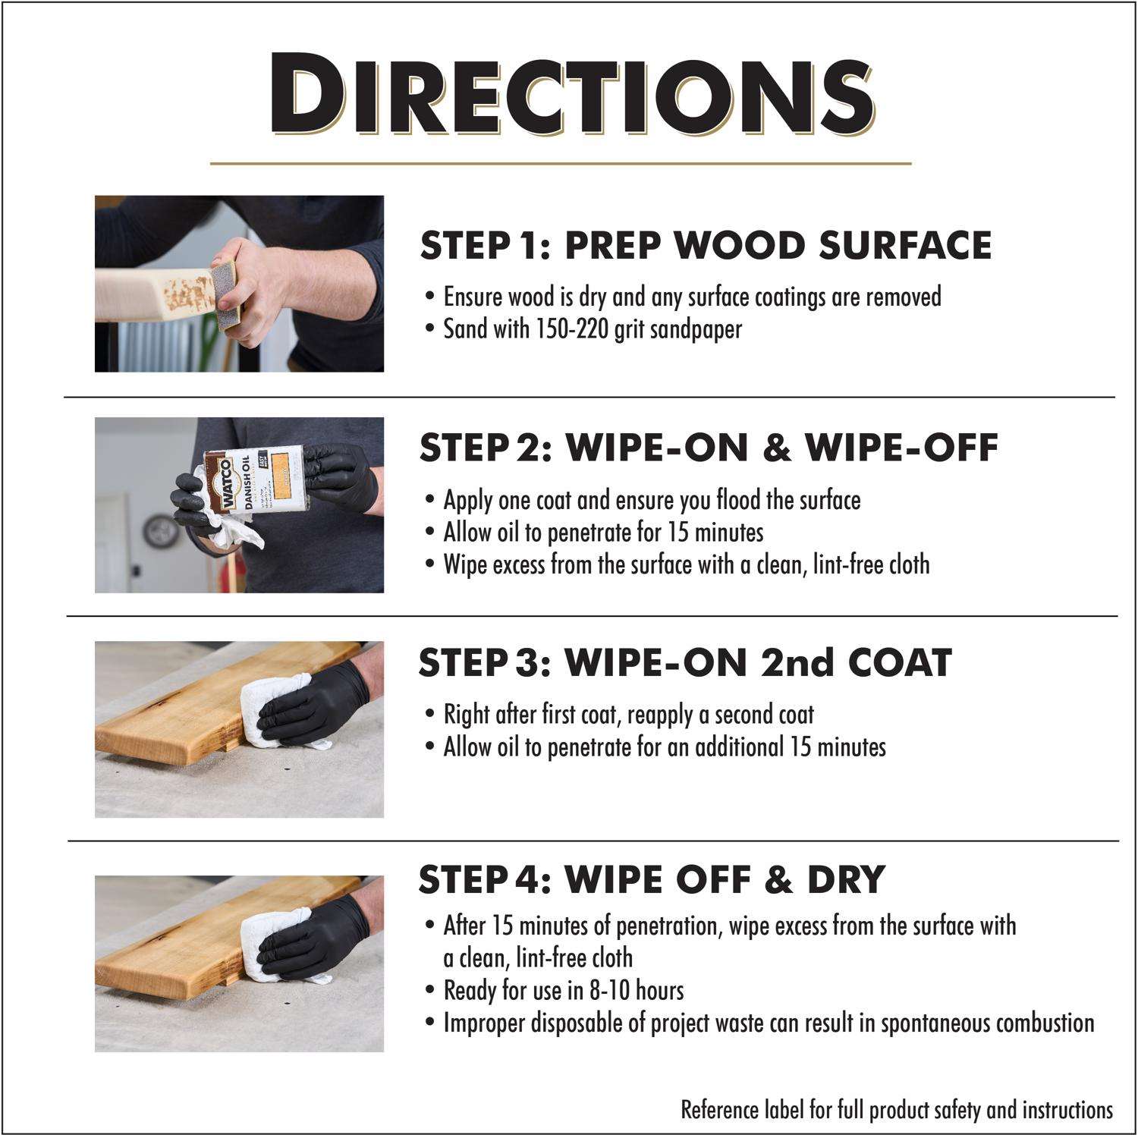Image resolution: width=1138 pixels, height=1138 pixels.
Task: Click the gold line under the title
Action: [560, 163]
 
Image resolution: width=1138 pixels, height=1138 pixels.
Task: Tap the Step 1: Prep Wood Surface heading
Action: [706, 245]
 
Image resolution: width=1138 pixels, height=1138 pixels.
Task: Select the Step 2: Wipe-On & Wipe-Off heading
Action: [709, 447]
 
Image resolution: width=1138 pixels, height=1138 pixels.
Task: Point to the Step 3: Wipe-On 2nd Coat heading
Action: [684, 662]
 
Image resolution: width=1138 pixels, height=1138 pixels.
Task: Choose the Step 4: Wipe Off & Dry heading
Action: [652, 879]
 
